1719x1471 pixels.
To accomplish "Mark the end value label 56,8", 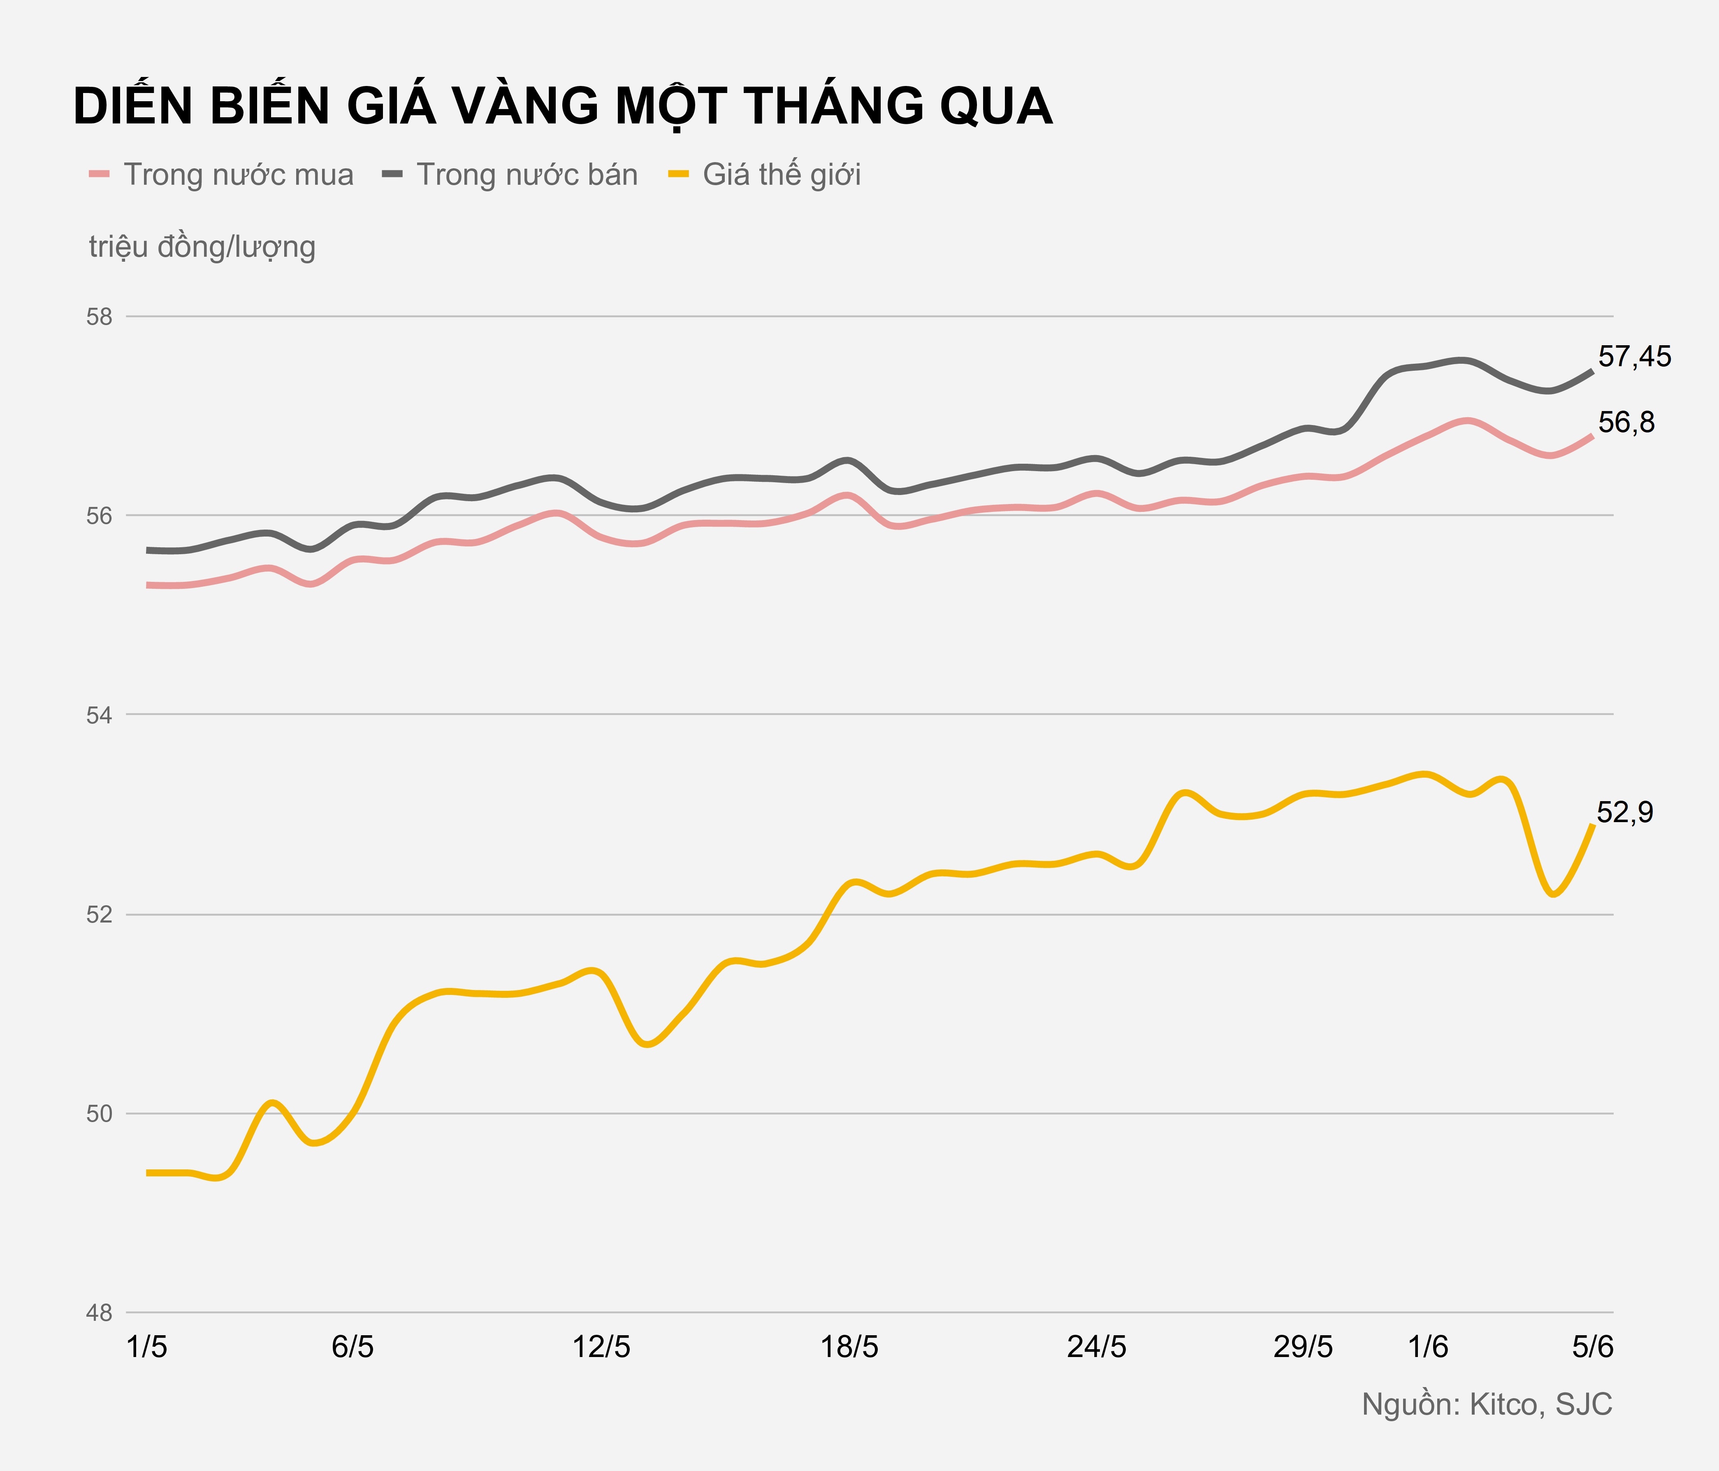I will coord(1626,423).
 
